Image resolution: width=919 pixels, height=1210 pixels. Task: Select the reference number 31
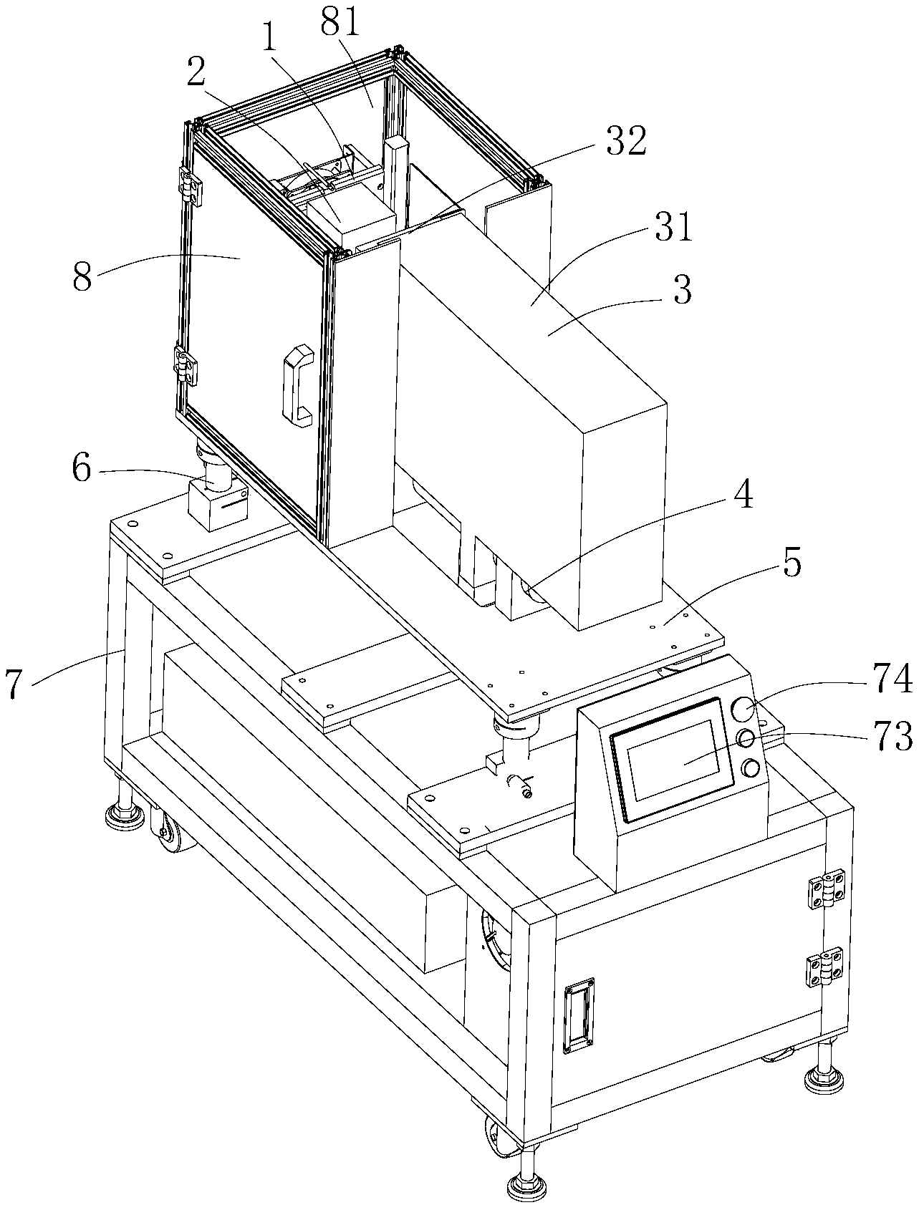674,228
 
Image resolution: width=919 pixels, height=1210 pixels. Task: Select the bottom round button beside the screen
751,768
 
